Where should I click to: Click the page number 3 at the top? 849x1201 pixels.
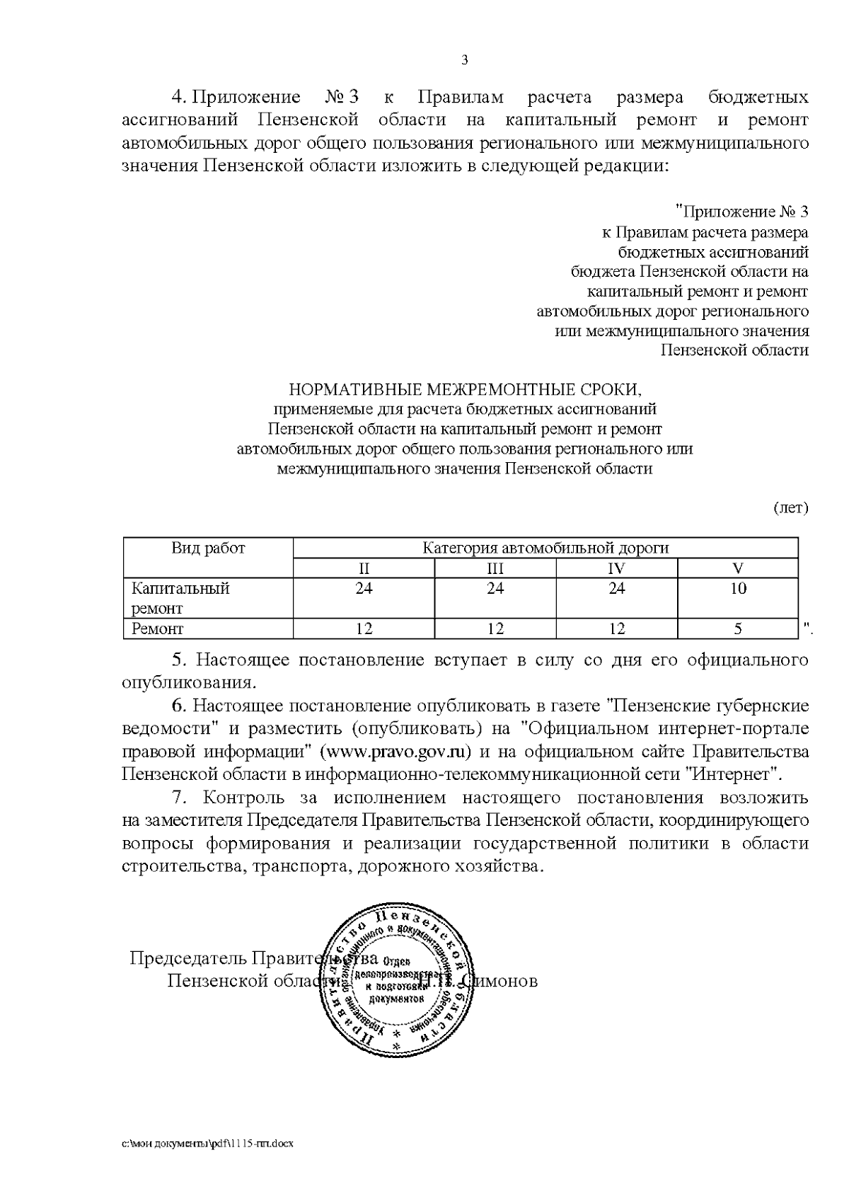(x=465, y=60)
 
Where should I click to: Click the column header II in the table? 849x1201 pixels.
(x=364, y=568)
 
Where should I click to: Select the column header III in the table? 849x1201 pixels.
(x=495, y=568)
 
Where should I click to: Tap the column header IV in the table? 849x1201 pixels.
(x=617, y=568)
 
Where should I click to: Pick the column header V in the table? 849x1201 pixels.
(x=738, y=568)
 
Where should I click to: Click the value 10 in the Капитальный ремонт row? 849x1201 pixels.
(x=738, y=588)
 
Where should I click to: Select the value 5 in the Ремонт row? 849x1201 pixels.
(x=738, y=628)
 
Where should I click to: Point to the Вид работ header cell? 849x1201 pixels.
(x=208, y=548)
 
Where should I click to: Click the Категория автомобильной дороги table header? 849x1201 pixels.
(x=545, y=548)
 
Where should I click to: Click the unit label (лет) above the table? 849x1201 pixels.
(x=790, y=508)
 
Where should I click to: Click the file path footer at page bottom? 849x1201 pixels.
(x=208, y=1143)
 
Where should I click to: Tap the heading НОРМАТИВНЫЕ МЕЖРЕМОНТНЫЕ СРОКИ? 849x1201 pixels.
(x=465, y=389)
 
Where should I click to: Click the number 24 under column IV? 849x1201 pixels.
(x=617, y=588)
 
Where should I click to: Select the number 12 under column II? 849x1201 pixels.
(x=364, y=628)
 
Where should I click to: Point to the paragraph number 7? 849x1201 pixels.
(x=180, y=798)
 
